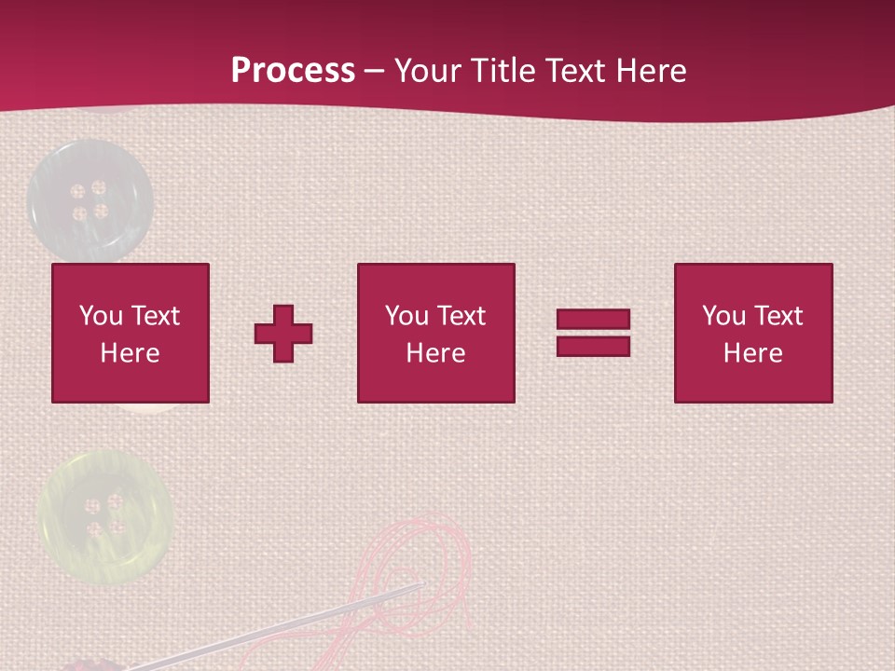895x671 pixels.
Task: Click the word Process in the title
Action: click(x=293, y=71)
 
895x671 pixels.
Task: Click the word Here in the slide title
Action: click(x=651, y=71)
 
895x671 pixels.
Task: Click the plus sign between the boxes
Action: click(x=283, y=334)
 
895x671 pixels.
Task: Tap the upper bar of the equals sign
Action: click(x=593, y=320)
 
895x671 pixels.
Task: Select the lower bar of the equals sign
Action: click(x=593, y=346)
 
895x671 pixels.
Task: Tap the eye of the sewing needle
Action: click(x=415, y=588)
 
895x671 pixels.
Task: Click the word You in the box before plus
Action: click(x=101, y=316)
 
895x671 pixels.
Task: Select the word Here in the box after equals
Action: click(x=752, y=353)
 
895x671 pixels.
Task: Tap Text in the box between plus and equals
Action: click(x=461, y=316)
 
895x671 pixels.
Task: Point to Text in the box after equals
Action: click(x=778, y=316)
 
